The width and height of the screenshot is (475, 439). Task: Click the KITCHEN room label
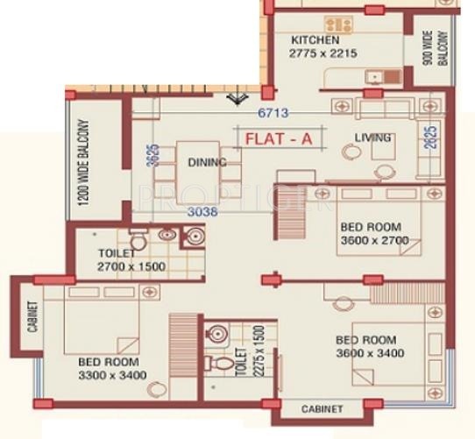pos(315,40)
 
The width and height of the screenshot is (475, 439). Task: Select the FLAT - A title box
pos(280,138)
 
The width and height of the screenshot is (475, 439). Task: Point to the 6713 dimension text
pos(273,112)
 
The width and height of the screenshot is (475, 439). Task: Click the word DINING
pos(207,162)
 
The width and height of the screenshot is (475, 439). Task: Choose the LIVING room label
pos(372,138)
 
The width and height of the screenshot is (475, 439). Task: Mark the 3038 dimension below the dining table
pos(202,211)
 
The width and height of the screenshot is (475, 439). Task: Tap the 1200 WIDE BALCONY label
pos(84,162)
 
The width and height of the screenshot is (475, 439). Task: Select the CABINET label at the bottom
pos(322,409)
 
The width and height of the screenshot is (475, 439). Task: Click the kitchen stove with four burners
pos(338,24)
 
